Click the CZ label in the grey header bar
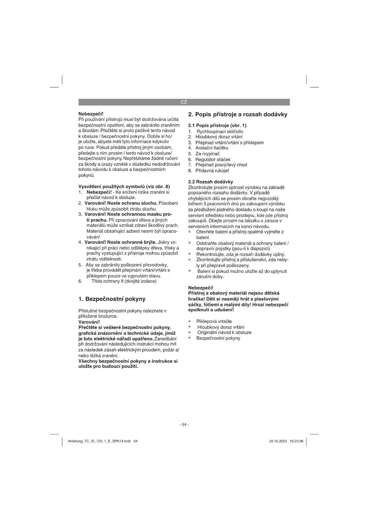click(184, 102)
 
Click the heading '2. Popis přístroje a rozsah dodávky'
click(238, 114)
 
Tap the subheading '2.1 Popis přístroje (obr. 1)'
click(217, 125)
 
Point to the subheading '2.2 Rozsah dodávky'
click(211, 181)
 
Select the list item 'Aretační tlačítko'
click(212, 148)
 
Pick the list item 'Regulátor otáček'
click(213, 160)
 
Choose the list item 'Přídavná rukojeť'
click(212, 170)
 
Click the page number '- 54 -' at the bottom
click(184, 424)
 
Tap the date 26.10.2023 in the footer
click(278, 441)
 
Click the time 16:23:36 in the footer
click(297, 441)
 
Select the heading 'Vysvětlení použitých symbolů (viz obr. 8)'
click(124, 187)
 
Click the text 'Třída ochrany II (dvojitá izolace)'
click(124, 281)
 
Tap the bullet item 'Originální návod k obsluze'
click(224, 332)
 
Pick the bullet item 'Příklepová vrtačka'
click(214, 321)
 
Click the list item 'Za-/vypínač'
click(207, 154)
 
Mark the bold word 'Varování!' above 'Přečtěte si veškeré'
click(89, 322)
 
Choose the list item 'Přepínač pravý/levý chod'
click(221, 165)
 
